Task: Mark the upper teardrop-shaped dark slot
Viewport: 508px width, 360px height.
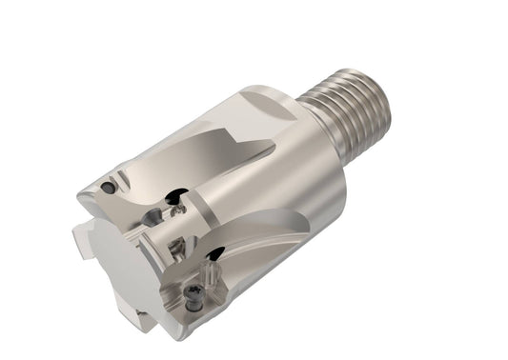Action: tap(175, 200)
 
